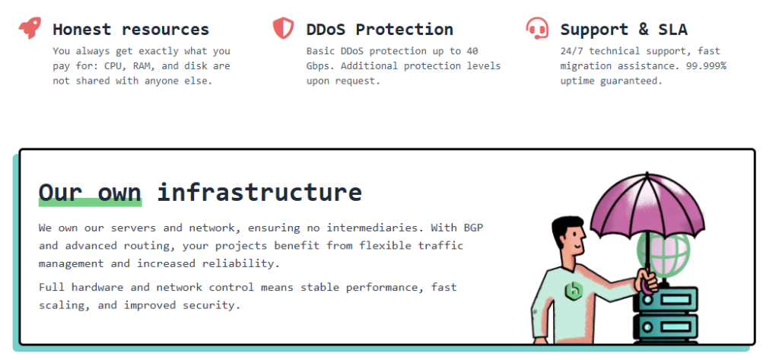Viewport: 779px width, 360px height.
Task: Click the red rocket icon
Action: (30, 28)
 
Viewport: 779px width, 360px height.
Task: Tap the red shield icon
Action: (283, 28)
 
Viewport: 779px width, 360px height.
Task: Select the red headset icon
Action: (537, 28)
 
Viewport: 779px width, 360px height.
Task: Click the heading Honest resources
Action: (131, 30)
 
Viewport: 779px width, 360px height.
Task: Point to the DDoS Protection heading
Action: (380, 30)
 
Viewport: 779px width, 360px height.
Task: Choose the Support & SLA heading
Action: (624, 30)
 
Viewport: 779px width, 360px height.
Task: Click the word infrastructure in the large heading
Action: (259, 191)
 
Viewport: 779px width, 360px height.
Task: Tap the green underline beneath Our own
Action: (90, 202)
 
